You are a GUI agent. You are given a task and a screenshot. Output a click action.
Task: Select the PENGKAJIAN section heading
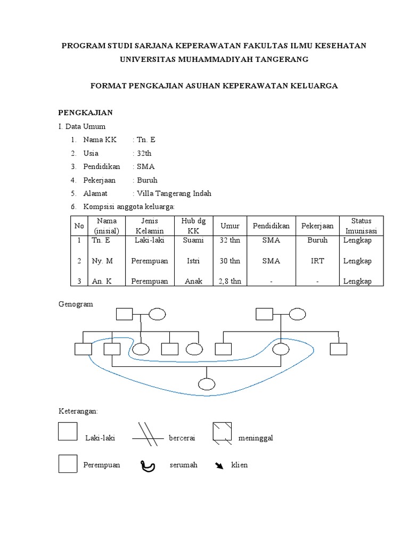[85, 113]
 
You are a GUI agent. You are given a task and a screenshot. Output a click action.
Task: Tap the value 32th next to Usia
[144, 154]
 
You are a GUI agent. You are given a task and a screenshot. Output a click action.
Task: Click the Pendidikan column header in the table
[271, 226]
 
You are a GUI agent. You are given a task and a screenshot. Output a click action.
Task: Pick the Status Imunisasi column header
[361, 226]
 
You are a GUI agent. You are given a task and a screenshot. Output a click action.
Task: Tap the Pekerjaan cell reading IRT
[318, 261]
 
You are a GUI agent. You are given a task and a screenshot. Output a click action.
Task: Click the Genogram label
[75, 304]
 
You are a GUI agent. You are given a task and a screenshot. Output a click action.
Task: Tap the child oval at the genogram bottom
[207, 383]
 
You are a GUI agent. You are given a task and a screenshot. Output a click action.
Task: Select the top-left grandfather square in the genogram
[124, 314]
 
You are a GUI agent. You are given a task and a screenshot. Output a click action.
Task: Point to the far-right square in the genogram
[338, 349]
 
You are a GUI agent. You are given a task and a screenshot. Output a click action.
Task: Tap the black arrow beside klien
[219, 465]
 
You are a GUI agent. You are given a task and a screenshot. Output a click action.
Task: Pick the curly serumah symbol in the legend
[148, 466]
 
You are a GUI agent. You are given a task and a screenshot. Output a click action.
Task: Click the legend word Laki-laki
[100, 438]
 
